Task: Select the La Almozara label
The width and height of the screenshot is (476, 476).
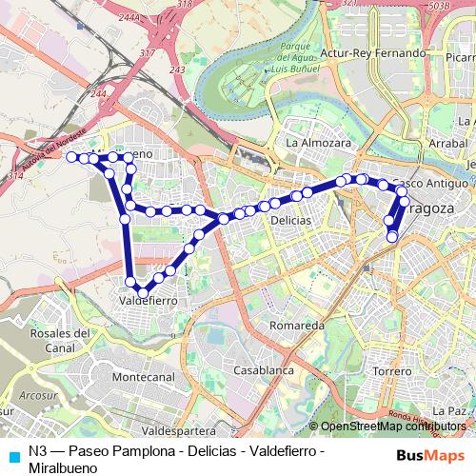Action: (x=319, y=143)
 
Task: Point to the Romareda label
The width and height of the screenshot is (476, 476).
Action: (x=297, y=326)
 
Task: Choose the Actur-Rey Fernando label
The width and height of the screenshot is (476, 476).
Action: (x=373, y=53)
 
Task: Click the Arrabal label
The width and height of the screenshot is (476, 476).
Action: (x=447, y=143)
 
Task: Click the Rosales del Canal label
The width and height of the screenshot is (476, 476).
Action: (x=60, y=340)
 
